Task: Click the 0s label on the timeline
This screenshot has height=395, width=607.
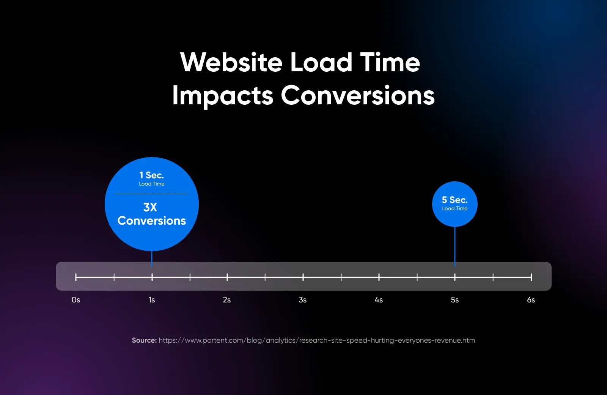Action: [76, 300]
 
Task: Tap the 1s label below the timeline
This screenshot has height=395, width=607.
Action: [152, 300]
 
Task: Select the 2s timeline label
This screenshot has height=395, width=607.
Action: [227, 300]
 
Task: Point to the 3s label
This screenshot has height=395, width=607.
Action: [303, 300]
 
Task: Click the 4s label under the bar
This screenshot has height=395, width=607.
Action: [379, 300]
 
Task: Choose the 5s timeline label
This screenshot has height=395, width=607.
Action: [455, 300]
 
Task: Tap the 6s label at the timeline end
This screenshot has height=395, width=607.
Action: [531, 300]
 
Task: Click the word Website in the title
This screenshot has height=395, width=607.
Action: [231, 62]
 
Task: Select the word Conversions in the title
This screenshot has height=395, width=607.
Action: [358, 95]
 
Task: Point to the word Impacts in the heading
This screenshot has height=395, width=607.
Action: [223, 95]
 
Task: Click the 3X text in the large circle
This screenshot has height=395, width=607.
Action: [150, 207]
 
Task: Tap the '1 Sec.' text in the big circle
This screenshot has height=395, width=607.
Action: [151, 175]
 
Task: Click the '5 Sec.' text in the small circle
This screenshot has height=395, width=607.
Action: [454, 200]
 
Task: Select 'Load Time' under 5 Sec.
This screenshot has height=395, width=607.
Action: [454, 209]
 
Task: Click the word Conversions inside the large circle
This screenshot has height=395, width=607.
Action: [152, 221]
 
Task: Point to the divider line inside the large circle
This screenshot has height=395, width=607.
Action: [152, 194]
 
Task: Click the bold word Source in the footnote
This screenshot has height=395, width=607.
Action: [144, 340]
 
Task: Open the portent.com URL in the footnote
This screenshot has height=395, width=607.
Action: [317, 340]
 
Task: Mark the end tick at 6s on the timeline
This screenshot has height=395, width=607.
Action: [532, 277]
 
